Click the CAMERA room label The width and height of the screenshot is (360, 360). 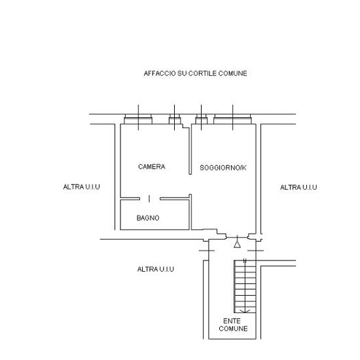point(152,167)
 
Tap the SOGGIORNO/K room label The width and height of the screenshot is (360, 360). point(223,168)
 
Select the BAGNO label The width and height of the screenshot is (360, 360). point(148,218)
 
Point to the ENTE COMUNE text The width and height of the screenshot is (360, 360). point(233,325)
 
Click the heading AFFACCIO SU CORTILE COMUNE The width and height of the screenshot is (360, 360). point(196,73)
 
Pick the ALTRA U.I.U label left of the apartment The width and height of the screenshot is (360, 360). point(82,187)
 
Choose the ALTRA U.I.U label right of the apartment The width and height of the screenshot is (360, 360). point(298,187)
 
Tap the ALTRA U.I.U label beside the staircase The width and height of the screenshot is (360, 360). point(156,269)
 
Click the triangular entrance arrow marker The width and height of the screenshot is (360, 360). point(237,244)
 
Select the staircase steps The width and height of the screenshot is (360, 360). point(245,286)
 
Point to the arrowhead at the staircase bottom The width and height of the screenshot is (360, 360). point(245,312)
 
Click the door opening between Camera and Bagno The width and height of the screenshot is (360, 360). point(149,198)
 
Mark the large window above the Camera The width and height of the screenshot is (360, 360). point(138,119)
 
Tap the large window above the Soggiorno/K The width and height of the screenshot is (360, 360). point(232,119)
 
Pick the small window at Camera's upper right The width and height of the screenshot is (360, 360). point(175,119)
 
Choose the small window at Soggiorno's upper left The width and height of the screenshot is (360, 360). point(202,119)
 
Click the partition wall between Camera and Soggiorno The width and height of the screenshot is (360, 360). point(190,150)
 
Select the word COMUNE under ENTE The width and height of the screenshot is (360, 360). point(233,329)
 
